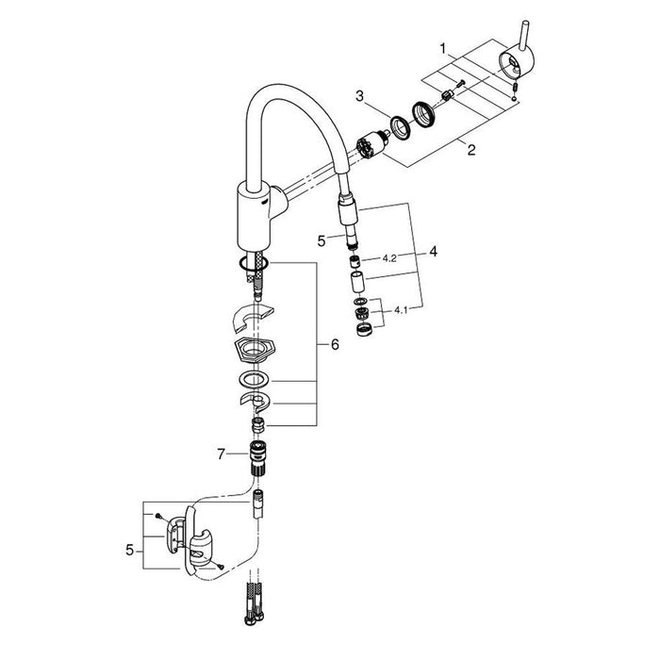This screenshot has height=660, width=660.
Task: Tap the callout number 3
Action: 359,95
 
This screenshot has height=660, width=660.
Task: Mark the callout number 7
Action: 221,454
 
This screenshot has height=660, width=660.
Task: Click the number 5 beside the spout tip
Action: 321,240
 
